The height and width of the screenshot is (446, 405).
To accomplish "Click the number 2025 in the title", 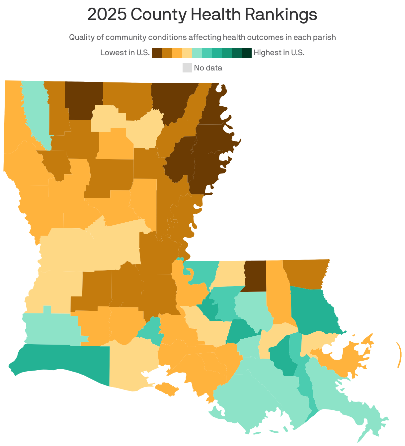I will [107, 15].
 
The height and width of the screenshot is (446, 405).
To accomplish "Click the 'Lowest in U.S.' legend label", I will [125, 53].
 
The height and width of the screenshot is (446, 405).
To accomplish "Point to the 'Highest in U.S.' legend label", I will [279, 53].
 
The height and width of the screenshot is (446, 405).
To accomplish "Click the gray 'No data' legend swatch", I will [187, 68].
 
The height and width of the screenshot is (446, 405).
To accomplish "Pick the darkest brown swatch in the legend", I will [157, 53].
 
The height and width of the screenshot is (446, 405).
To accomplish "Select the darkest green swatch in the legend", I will [247, 53].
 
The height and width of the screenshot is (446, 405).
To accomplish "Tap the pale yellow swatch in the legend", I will [187, 53].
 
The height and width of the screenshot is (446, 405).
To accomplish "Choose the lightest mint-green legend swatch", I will [197, 53].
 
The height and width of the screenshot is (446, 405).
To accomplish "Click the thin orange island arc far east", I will [399, 355].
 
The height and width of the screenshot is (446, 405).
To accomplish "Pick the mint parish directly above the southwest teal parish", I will [51, 327].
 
